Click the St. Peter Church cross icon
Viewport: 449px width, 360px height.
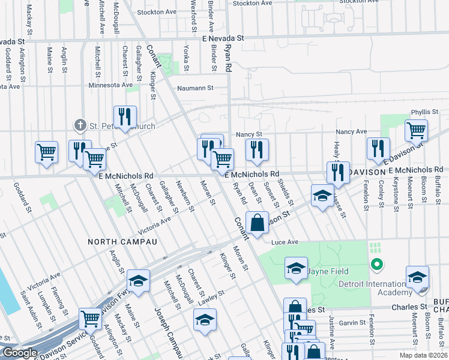point(80,125)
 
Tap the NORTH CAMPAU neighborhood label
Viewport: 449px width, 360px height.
point(122,242)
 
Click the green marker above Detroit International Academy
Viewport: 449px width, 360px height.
point(376,264)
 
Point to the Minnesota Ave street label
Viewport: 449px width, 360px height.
point(110,85)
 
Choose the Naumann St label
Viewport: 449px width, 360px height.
point(194,88)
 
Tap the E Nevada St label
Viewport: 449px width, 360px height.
point(223,38)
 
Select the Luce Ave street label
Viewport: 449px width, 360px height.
point(285,242)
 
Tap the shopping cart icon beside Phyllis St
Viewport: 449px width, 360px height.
point(416,130)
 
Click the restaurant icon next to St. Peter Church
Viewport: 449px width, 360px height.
point(125,116)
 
